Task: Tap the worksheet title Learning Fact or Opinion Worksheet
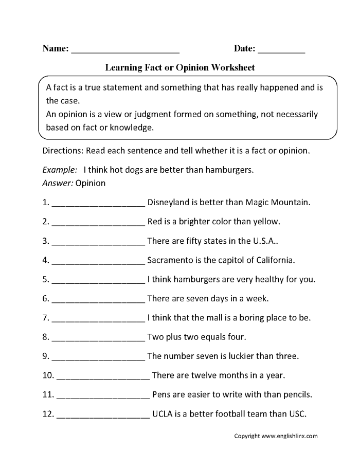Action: [180, 67]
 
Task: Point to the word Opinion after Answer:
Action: [91, 183]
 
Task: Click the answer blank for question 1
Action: [98, 204]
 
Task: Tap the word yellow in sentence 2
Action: [265, 222]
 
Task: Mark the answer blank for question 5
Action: [98, 281]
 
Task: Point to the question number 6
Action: [46, 298]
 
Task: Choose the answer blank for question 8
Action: [98, 339]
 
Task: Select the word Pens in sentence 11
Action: [161, 395]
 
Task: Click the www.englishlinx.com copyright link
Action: [289, 436]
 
